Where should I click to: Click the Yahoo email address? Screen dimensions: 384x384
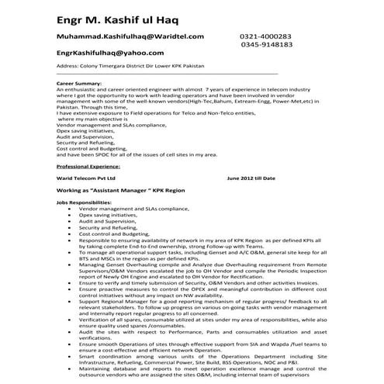(x=109, y=53)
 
